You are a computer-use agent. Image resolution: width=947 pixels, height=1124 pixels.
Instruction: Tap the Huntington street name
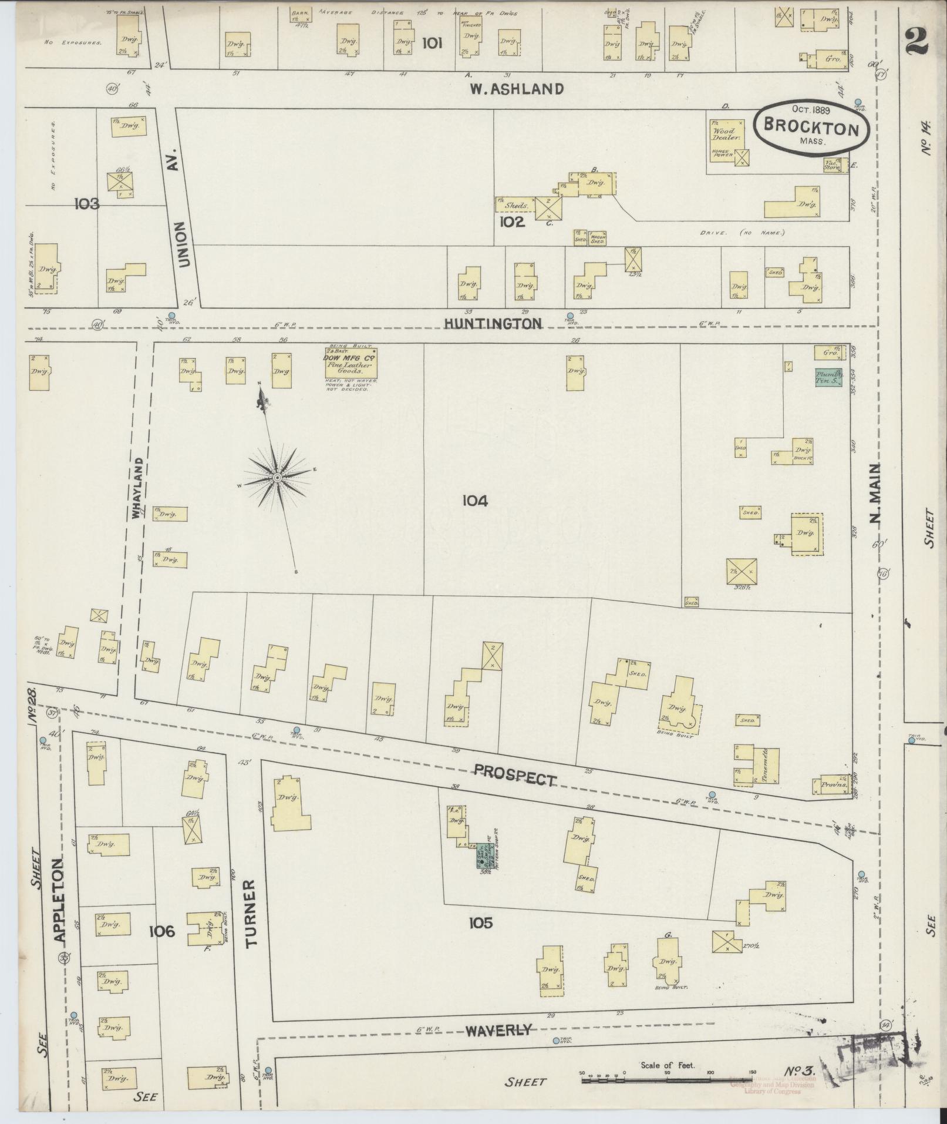pyautogui.click(x=492, y=324)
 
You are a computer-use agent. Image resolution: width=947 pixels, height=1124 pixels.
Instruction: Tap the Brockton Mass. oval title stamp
pyautogui.click(x=813, y=126)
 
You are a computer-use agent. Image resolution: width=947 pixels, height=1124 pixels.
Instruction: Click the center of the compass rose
pyautogui.click(x=277, y=478)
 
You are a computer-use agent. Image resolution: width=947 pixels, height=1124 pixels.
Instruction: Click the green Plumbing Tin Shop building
pyautogui.click(x=830, y=377)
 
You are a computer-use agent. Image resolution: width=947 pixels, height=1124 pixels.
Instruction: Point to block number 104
pyautogui.click(x=474, y=501)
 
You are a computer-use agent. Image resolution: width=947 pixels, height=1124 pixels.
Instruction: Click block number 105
pyautogui.click(x=480, y=923)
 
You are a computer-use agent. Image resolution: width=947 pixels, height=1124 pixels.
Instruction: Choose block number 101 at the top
pyautogui.click(x=432, y=43)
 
